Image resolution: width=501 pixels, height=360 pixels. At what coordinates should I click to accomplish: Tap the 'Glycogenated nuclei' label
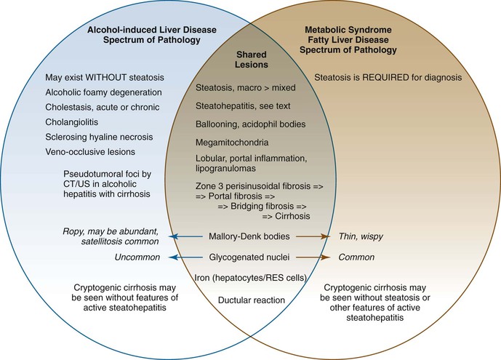249,256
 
